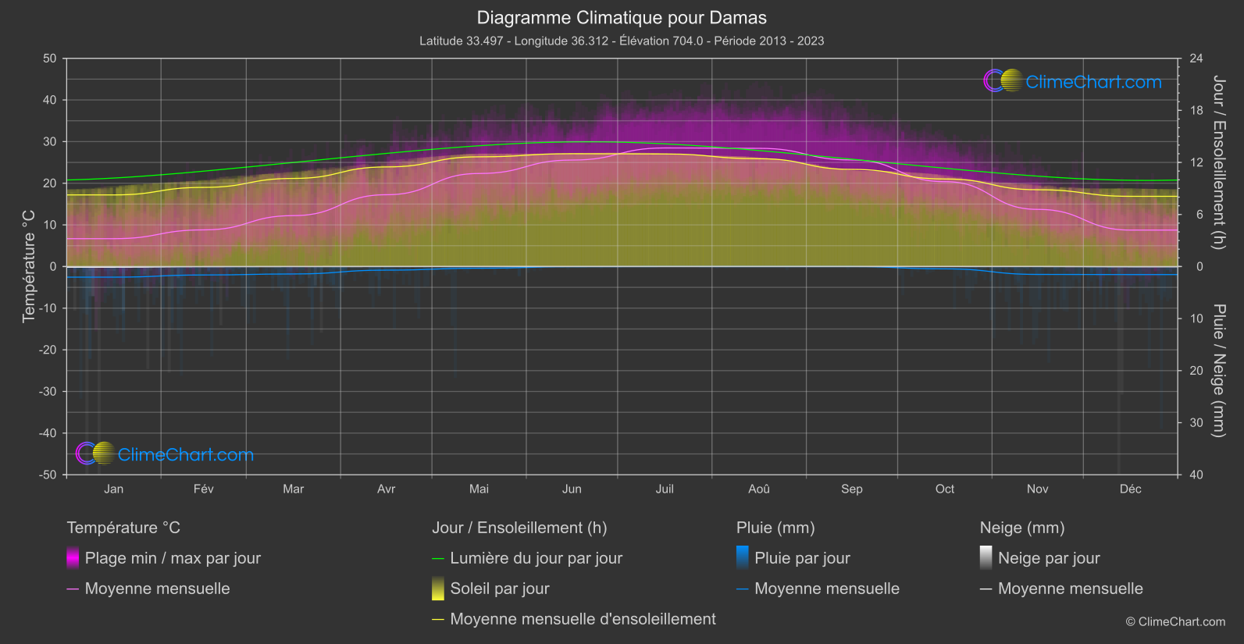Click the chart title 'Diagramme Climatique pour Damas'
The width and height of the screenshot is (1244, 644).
click(x=622, y=18)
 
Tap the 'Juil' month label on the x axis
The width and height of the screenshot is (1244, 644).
click(x=665, y=489)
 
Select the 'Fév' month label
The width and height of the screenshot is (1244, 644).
click(x=204, y=489)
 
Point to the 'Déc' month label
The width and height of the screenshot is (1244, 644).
click(x=1130, y=489)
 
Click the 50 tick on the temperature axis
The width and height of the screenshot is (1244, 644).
click(x=50, y=59)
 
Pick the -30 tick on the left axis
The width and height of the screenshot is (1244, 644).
click(x=48, y=392)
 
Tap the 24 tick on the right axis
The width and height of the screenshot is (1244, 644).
click(x=1196, y=59)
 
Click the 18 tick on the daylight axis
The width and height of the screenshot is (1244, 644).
click(x=1196, y=111)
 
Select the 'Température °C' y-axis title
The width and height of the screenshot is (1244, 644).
click(x=29, y=266)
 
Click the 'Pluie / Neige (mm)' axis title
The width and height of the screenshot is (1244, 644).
click(x=1217, y=371)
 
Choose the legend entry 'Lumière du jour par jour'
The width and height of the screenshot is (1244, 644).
click(x=536, y=558)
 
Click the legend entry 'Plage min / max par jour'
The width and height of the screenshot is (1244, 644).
click(x=173, y=558)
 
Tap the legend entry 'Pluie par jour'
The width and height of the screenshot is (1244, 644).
click(x=802, y=558)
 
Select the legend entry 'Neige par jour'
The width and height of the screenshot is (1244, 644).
click(x=1049, y=558)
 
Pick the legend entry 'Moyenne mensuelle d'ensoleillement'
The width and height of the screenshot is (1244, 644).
click(x=583, y=619)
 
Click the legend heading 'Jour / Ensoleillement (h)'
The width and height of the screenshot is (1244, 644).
click(x=519, y=528)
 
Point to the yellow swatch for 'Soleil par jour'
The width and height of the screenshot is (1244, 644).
click(x=438, y=589)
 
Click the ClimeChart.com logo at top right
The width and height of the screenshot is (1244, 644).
click(x=1073, y=81)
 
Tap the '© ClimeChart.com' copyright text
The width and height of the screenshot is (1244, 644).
click(x=1175, y=622)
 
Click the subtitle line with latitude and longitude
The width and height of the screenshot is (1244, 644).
click(x=622, y=41)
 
